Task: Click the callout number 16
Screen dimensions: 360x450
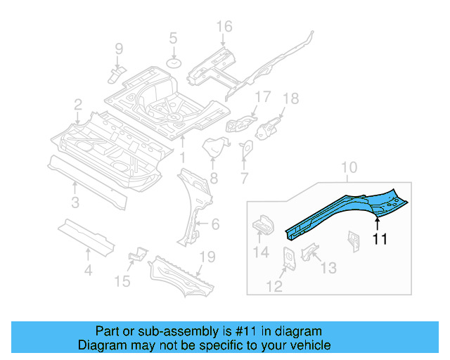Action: (x=224, y=27)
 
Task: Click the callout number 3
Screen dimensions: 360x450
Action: (x=75, y=203)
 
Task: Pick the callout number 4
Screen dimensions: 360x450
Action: (x=87, y=269)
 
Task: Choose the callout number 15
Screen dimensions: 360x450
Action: (x=122, y=282)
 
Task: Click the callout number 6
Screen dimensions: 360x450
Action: (x=215, y=224)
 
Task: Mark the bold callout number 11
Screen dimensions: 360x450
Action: (x=380, y=239)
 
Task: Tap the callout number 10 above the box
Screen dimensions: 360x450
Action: (x=349, y=168)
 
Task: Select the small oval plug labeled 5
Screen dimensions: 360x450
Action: (x=173, y=64)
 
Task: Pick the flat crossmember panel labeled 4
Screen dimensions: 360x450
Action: (x=86, y=236)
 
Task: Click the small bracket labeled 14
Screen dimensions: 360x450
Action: (x=262, y=224)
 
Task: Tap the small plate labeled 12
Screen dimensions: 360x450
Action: (x=288, y=257)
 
